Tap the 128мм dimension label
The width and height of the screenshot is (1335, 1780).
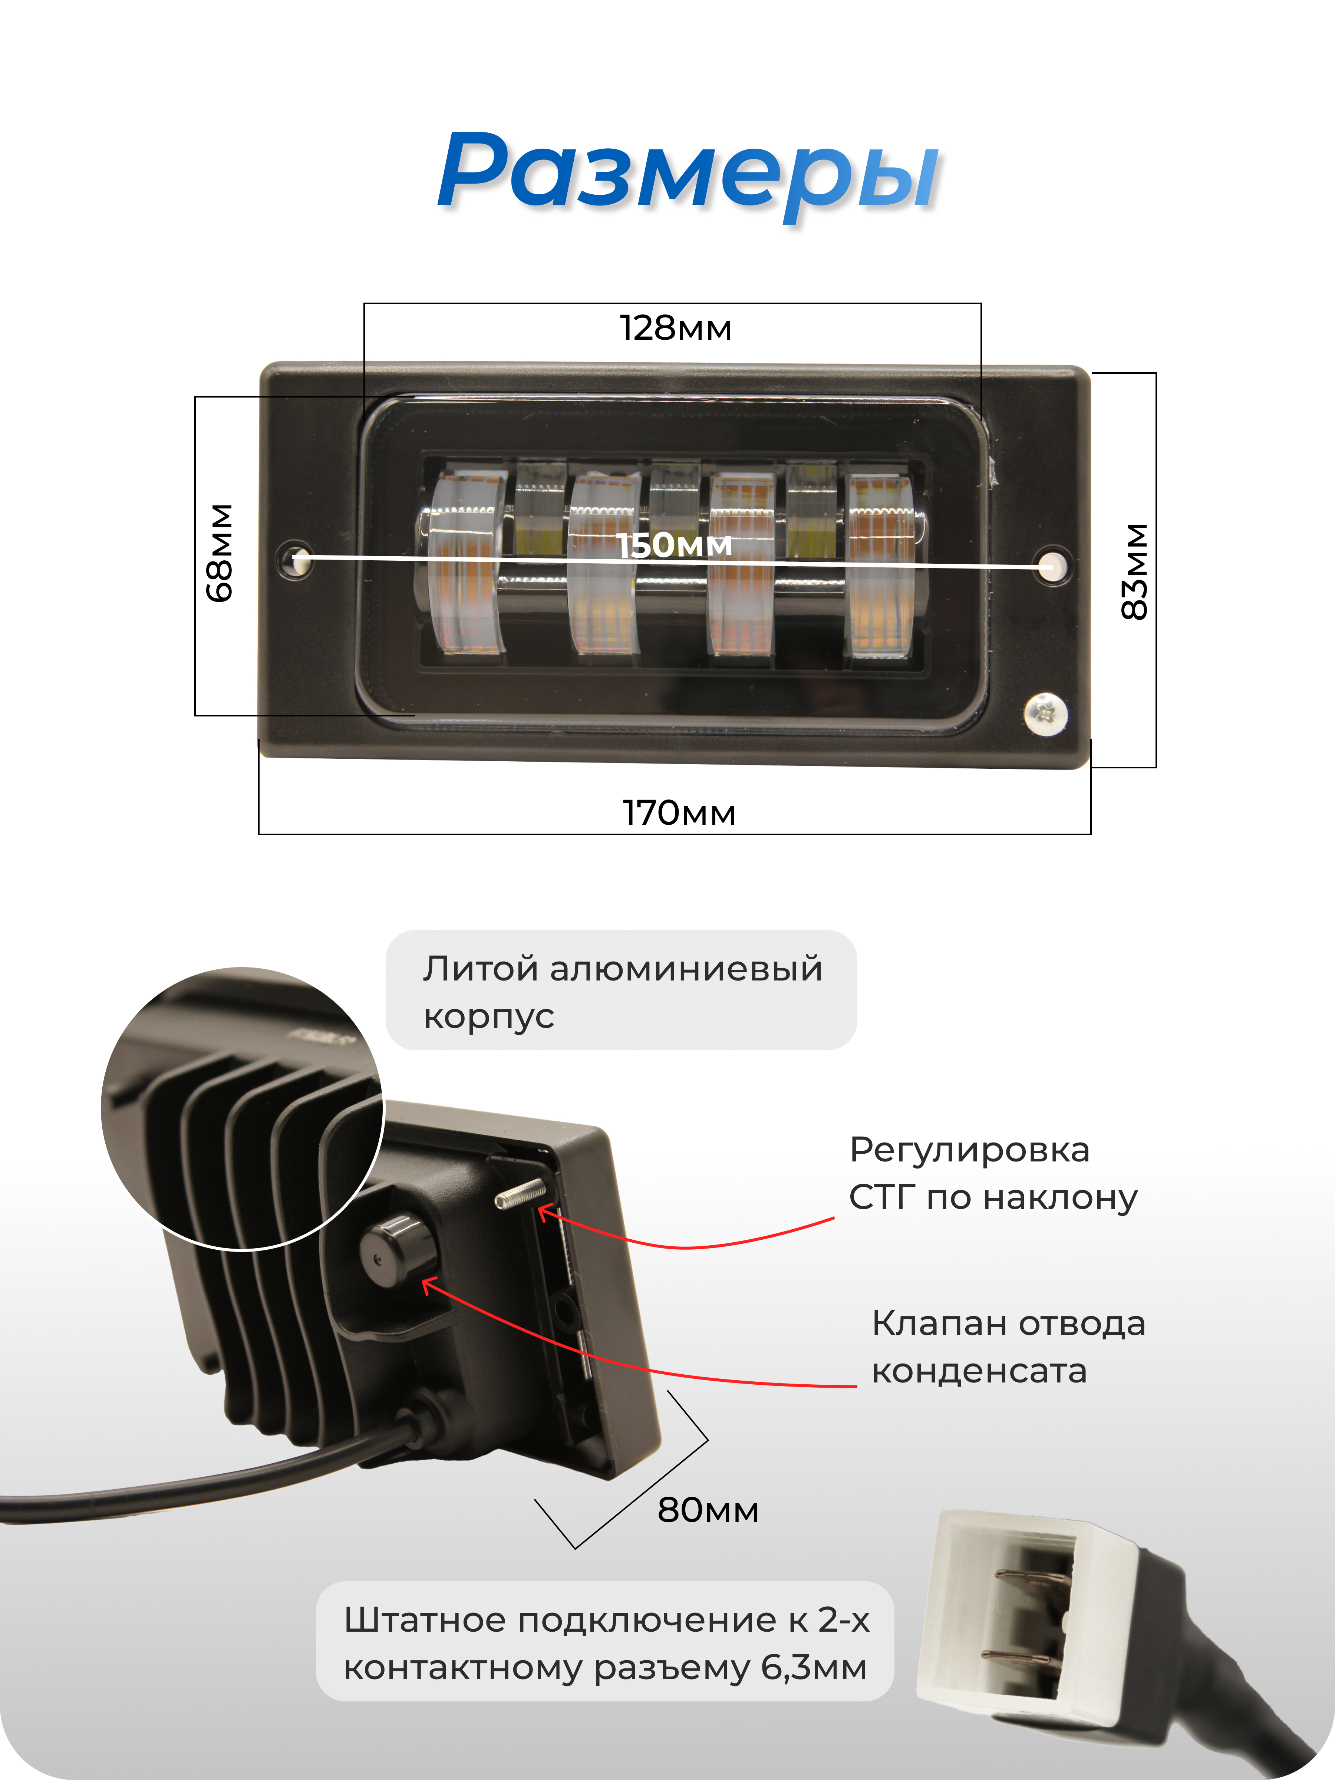tap(675, 328)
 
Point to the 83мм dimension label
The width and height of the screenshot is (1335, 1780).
tap(1135, 571)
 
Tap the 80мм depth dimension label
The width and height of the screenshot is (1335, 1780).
tap(708, 1510)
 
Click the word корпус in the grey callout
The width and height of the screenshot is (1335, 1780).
tap(488, 1016)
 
